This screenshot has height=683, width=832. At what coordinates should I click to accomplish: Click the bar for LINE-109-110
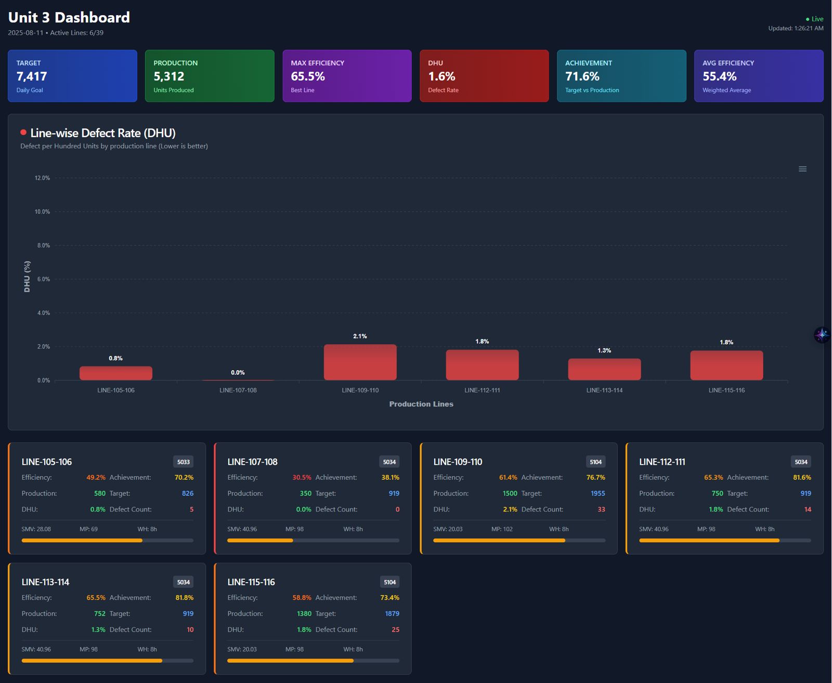(360, 362)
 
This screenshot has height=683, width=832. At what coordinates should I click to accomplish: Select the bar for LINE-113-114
(604, 369)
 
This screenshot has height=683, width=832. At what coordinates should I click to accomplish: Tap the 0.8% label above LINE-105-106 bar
(115, 358)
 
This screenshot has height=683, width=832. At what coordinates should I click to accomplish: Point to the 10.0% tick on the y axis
(42, 212)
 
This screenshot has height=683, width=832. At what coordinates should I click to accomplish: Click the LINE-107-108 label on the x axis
(238, 390)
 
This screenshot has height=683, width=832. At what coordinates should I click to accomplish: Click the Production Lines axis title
(421, 404)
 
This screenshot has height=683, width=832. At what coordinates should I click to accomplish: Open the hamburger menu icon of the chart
(802, 169)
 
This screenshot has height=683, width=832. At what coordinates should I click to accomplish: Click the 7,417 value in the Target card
(32, 76)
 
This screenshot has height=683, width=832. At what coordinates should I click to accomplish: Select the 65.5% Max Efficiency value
(308, 76)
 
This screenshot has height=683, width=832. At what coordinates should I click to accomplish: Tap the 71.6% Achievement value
(582, 76)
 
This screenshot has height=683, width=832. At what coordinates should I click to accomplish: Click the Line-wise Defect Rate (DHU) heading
(103, 133)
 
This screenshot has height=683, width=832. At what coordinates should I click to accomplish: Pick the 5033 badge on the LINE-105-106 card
(183, 462)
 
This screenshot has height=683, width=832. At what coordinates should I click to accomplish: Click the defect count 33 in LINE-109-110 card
(601, 509)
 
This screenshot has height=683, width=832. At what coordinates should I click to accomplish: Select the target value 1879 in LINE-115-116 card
(392, 614)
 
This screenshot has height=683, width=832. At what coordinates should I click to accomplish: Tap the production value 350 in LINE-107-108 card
(305, 493)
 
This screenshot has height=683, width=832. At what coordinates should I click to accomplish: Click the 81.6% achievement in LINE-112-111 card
(802, 477)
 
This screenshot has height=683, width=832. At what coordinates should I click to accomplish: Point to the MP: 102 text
(502, 529)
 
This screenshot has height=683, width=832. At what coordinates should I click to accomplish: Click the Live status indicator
(814, 19)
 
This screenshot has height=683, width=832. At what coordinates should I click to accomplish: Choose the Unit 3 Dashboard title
(69, 18)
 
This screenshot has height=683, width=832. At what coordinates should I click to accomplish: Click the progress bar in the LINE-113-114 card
(107, 661)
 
